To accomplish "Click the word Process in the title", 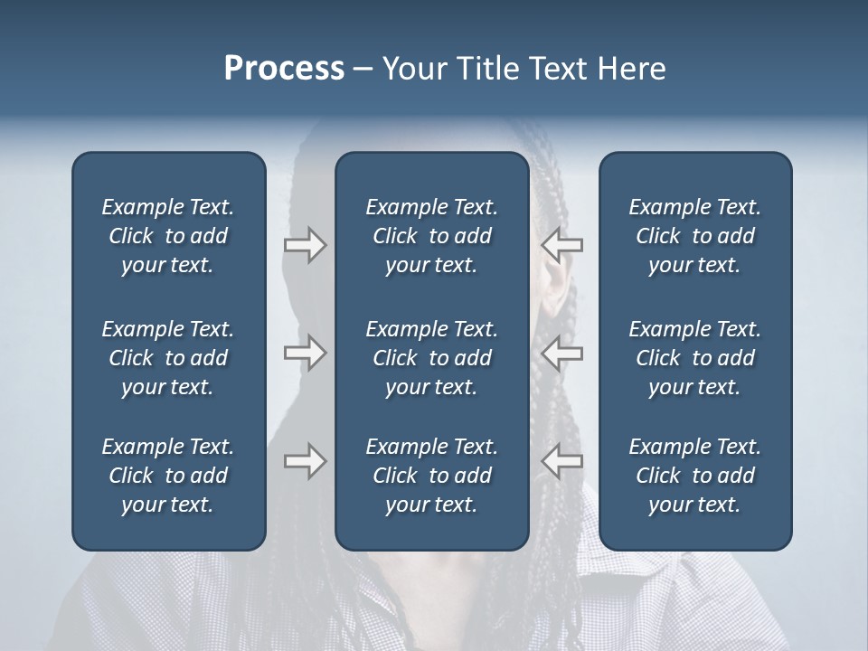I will (x=284, y=69).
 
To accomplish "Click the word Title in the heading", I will (x=489, y=69).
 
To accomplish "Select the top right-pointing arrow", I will (x=306, y=244).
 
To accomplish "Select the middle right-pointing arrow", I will (x=306, y=353).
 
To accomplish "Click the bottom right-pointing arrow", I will (x=306, y=461).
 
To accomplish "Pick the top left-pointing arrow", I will (x=562, y=244).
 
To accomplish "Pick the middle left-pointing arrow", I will (x=562, y=353).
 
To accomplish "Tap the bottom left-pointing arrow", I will (x=562, y=461).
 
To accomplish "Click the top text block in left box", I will (x=168, y=236).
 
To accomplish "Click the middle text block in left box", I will (x=168, y=358).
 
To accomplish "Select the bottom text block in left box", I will (x=168, y=476).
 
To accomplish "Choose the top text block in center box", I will (x=432, y=236).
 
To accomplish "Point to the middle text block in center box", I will (x=432, y=358).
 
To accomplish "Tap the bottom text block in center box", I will (x=432, y=476).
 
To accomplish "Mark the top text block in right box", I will (x=695, y=236).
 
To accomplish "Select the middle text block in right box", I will (x=695, y=358).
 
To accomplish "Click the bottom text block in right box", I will (x=695, y=476).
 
